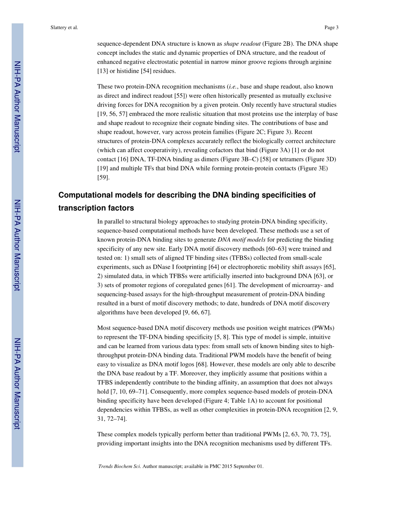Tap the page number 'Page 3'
[x=331, y=28]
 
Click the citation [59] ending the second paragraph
[x=103, y=178]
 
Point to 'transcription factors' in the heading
[x=96, y=208]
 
